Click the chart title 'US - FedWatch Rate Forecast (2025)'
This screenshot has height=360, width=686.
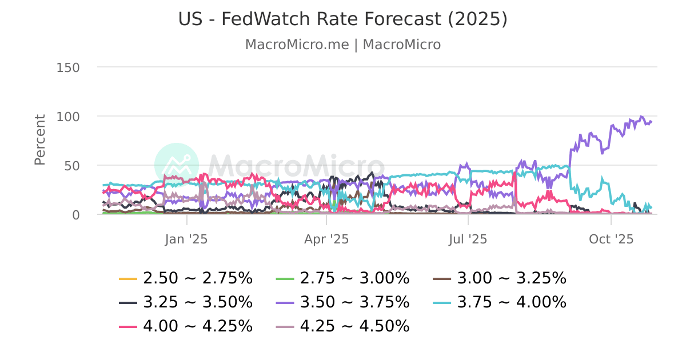point(342,19)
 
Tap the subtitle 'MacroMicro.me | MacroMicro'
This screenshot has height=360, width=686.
point(342,45)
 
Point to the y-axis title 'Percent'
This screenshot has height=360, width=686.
point(40,140)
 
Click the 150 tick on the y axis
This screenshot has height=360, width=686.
point(68,67)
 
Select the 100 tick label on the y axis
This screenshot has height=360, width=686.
point(68,117)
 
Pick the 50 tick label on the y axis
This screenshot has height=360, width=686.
point(72,166)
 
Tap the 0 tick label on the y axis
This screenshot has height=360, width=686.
point(75,215)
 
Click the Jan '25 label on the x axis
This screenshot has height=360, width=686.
point(186,239)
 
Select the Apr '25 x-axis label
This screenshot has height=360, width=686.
point(326,239)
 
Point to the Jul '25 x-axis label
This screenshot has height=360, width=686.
point(468,239)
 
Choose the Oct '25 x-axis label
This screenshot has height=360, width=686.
point(611,239)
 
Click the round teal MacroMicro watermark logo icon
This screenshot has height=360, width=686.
point(177,165)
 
